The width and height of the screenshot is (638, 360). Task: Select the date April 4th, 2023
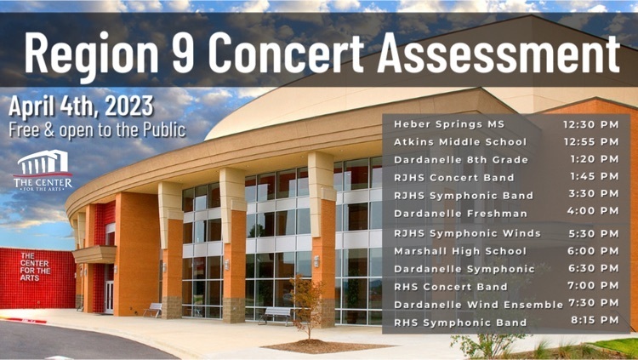coord(81,106)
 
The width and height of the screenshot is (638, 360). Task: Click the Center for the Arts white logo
coord(43,170)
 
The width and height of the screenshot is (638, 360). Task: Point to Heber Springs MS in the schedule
coord(449,124)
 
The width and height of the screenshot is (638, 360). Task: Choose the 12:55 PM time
coord(591,142)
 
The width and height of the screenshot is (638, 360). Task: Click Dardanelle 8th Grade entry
coord(461,160)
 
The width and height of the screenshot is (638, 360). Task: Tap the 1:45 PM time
coord(594,176)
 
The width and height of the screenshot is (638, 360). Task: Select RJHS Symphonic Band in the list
coord(464,196)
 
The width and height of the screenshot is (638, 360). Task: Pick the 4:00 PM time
coord(593,211)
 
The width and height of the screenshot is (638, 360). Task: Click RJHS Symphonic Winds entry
coord(468,233)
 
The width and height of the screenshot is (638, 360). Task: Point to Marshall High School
coord(460,251)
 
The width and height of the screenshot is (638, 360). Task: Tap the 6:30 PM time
coord(593,268)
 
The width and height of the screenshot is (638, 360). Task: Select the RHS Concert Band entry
coord(451,287)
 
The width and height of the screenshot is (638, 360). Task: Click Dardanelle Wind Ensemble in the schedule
coord(478,305)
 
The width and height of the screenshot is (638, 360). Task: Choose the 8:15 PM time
coord(595,320)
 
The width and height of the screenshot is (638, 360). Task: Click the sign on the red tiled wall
coord(36,266)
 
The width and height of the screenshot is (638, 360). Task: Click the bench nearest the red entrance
coord(152,311)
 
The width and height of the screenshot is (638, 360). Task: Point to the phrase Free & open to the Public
coord(97,130)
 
